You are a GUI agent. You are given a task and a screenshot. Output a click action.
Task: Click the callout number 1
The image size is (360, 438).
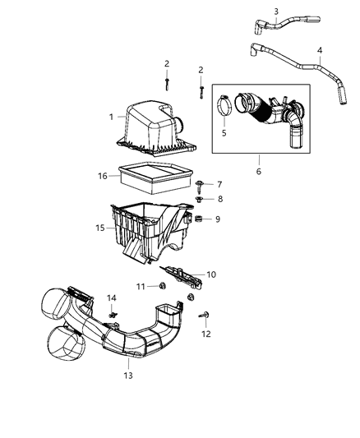[x=111, y=118]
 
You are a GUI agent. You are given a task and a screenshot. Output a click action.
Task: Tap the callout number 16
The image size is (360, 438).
[x=103, y=176]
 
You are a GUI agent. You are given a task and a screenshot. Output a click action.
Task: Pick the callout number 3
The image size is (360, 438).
[x=276, y=11]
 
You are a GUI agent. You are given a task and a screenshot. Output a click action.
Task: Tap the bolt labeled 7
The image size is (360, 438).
[x=202, y=186]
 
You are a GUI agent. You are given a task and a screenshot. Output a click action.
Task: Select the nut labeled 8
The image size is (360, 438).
[x=202, y=200]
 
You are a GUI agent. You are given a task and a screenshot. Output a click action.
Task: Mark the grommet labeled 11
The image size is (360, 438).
[x=163, y=285]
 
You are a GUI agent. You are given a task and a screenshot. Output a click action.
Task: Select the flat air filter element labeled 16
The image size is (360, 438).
[x=152, y=174]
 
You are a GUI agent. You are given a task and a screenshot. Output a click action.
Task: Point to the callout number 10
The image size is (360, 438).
[x=211, y=274]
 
